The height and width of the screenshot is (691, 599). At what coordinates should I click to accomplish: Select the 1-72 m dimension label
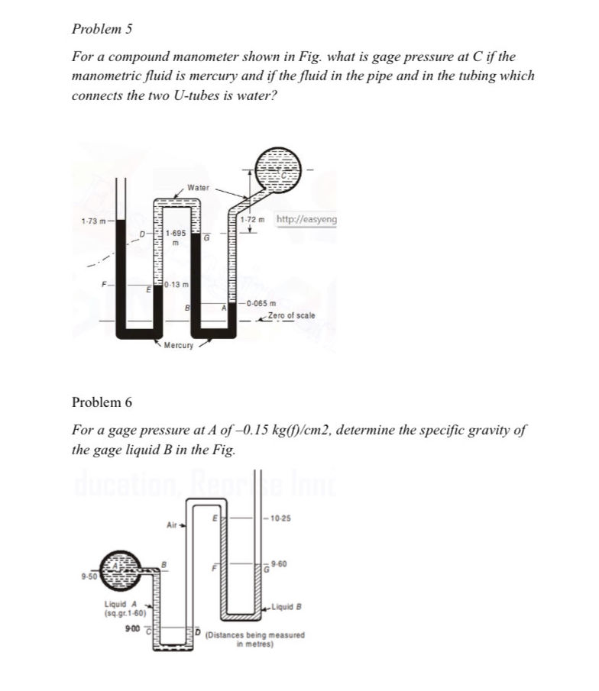251,221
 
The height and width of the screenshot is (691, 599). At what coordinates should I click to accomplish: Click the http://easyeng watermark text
306,221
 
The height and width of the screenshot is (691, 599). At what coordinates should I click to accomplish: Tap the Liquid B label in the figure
287,607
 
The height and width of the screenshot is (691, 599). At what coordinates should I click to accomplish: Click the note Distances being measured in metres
256,638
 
